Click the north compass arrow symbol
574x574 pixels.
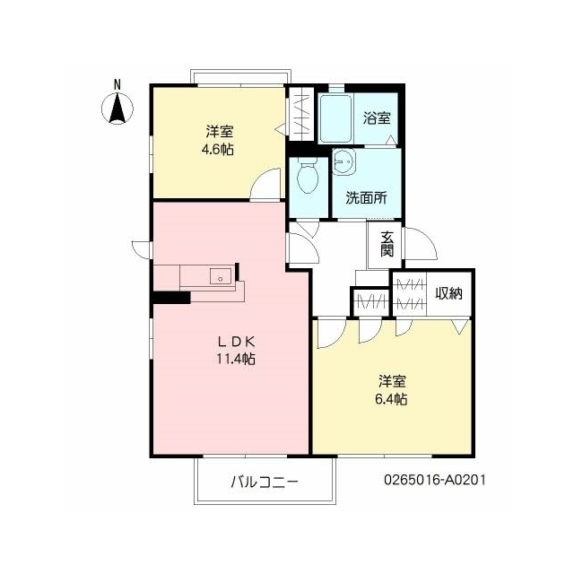(117, 109)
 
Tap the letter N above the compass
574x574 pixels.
(117, 85)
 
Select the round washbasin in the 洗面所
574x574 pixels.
(344, 161)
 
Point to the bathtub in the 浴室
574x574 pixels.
(335, 118)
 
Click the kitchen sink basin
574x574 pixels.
(221, 276)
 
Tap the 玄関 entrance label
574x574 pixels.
(387, 244)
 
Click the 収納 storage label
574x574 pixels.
(448, 293)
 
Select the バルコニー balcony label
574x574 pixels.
(265, 482)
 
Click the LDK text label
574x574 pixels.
(236, 342)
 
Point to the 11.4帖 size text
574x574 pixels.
(236, 359)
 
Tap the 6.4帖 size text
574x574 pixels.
(391, 399)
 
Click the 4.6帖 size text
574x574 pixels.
(218, 150)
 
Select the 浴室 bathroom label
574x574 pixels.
(377, 117)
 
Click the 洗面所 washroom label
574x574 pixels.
(366, 198)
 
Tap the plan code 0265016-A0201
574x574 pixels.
(435, 480)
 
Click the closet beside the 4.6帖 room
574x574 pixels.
(301, 114)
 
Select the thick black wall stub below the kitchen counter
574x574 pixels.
(172, 297)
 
